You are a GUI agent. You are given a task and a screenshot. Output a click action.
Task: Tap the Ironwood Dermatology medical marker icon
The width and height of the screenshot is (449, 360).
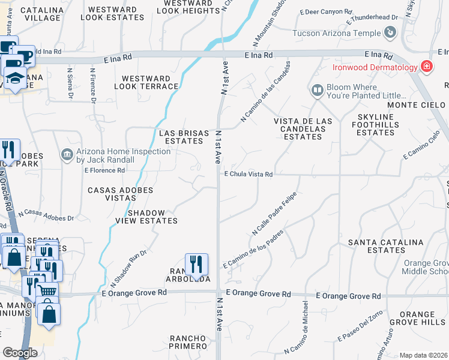427,67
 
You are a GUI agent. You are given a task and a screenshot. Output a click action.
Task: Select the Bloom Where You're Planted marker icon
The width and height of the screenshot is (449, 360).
317,91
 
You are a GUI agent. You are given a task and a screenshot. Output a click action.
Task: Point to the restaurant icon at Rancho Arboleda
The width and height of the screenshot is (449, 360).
196,264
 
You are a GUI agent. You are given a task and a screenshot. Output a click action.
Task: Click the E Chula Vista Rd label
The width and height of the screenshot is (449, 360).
249,175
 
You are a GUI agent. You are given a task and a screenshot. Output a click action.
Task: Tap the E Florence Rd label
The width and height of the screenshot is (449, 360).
104,170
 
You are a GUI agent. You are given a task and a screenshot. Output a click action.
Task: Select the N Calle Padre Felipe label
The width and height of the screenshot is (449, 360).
275,214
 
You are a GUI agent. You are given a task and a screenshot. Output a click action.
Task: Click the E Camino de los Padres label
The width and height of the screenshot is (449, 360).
252,248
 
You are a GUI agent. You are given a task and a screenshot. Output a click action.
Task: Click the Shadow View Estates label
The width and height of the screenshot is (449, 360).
152,217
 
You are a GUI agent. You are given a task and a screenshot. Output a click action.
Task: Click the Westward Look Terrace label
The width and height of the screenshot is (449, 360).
150,82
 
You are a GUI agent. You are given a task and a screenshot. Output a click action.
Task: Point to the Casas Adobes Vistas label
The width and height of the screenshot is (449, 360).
121,194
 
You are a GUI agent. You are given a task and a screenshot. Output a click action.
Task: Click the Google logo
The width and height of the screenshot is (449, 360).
20,353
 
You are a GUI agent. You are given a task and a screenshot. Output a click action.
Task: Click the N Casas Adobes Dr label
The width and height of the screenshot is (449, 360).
46,215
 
